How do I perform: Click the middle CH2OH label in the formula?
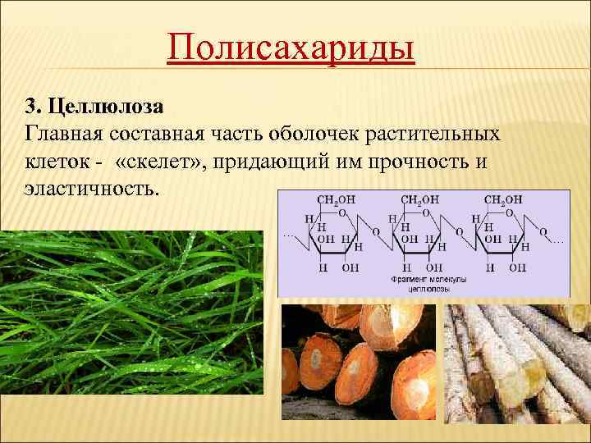click(419, 199)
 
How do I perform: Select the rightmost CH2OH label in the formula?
click(503, 199)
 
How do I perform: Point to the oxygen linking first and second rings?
click(375, 232)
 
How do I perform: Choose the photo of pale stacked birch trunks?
click(517, 373)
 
